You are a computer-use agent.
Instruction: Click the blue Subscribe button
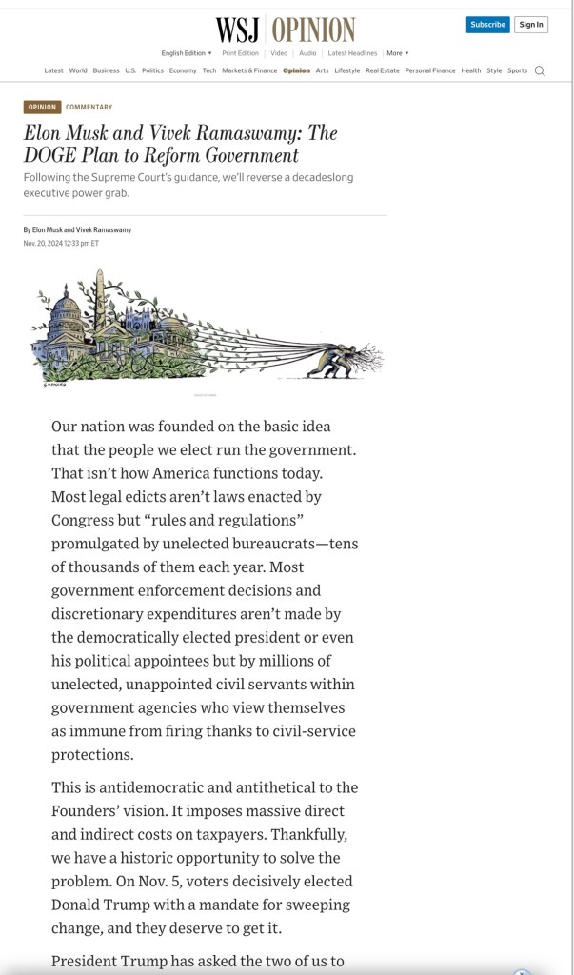[487, 25]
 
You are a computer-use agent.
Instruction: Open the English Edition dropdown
[187, 53]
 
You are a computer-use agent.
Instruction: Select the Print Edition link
[241, 53]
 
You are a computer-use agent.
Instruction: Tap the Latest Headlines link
[352, 53]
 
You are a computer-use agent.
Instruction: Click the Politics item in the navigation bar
[152, 70]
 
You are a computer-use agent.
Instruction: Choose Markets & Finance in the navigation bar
[249, 70]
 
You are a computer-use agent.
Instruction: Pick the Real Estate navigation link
[383, 70]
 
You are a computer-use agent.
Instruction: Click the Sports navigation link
[517, 70]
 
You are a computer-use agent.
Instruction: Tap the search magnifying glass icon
[540, 71]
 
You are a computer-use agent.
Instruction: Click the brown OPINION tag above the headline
[42, 108]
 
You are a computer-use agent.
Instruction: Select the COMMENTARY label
[89, 108]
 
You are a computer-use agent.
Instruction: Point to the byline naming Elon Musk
[77, 230]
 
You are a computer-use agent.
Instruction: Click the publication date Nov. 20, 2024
[61, 244]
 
